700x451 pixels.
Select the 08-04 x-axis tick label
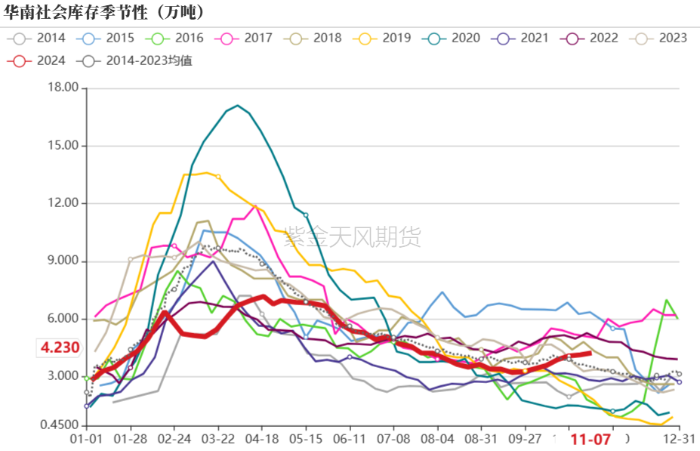point(437,439)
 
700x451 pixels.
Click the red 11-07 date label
point(590,439)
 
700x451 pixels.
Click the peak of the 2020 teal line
point(237,105)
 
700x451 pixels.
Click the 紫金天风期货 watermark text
point(352,238)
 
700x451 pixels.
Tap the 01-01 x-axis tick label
point(86,439)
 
